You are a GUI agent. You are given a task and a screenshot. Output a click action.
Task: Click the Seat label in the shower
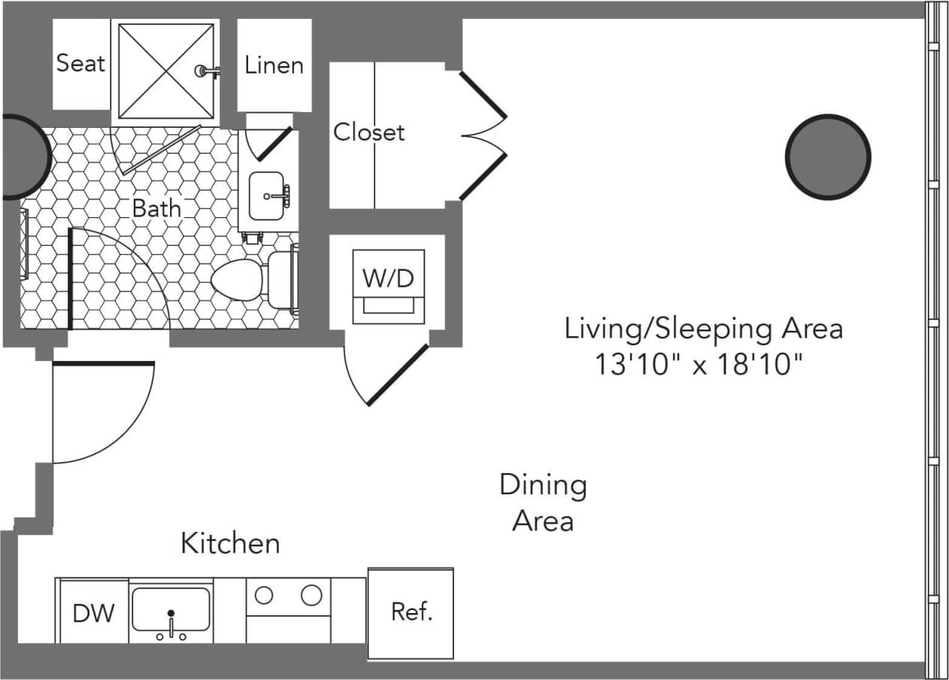pyautogui.click(x=80, y=63)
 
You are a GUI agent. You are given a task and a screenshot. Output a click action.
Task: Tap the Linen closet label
pyautogui.click(x=274, y=65)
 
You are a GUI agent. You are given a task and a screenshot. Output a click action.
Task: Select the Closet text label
pyautogui.click(x=368, y=132)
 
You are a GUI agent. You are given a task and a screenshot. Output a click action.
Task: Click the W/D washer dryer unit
pyautogui.click(x=388, y=286)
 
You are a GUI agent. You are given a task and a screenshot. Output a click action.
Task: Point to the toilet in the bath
pyautogui.click(x=248, y=281)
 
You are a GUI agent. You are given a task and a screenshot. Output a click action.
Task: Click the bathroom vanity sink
pyautogui.click(x=267, y=196)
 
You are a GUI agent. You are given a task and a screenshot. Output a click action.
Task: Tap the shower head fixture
pyautogui.click(x=205, y=71)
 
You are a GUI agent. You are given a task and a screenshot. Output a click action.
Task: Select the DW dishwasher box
pyautogui.click(x=94, y=612)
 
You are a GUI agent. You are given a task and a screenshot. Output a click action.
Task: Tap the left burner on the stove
pyautogui.click(x=264, y=595)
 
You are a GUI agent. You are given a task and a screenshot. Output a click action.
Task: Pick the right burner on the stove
pyautogui.click(x=311, y=595)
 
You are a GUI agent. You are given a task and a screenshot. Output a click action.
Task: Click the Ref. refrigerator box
pyautogui.click(x=411, y=612)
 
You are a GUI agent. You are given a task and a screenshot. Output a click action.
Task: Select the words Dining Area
pyautogui.click(x=543, y=502)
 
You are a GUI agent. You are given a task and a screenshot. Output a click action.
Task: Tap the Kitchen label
pyautogui.click(x=230, y=542)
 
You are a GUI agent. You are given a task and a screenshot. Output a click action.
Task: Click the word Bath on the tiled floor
pyautogui.click(x=156, y=208)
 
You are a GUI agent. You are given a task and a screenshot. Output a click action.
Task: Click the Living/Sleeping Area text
pyautogui.click(x=703, y=329)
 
